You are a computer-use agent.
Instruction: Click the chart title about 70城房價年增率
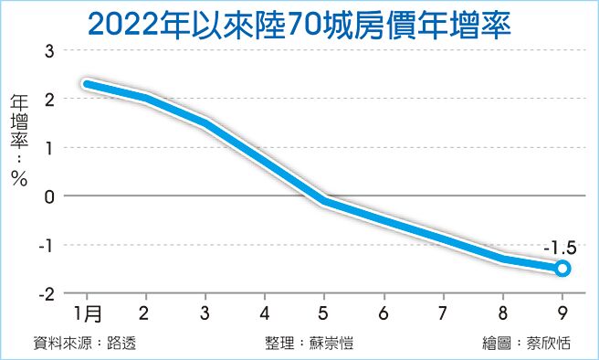point(299,23)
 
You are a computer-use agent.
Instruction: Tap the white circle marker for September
point(562,268)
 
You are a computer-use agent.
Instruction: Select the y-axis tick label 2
point(49,98)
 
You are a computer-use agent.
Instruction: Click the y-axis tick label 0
point(49,196)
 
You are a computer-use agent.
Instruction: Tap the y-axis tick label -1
point(47,245)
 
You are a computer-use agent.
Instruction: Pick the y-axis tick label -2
point(47,293)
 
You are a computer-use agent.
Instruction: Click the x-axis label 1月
point(88,312)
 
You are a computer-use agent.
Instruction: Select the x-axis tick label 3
point(205,312)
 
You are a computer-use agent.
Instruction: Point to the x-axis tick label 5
point(324,312)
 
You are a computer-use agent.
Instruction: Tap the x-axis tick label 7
point(443,312)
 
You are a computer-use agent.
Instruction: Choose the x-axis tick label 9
point(562,312)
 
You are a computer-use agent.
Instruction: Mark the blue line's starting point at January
point(86,84)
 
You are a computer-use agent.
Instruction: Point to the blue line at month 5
point(324,201)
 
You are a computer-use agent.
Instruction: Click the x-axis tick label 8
point(503,312)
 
